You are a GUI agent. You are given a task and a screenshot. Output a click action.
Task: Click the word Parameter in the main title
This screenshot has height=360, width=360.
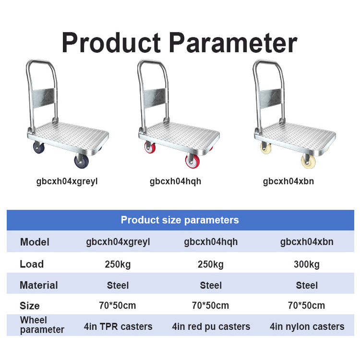point(234,43)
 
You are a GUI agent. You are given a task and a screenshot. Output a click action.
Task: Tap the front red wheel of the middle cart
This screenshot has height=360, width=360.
point(192,161)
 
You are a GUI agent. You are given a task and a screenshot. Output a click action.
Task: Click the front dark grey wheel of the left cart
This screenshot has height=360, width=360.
point(82,161)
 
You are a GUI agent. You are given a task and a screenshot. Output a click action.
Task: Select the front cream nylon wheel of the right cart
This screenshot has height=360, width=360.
point(308,161)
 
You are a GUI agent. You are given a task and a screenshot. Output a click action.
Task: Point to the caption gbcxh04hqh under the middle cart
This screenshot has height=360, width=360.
point(175,181)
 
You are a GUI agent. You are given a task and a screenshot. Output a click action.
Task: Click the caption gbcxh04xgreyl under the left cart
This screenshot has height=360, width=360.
point(67,181)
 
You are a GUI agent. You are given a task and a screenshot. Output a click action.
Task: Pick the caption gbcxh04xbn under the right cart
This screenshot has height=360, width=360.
point(288,181)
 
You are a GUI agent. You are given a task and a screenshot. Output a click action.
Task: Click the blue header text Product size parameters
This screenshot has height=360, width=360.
point(180,220)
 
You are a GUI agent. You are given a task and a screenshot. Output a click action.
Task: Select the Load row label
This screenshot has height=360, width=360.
point(32,264)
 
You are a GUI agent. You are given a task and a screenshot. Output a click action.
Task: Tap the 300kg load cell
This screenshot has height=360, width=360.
point(307,264)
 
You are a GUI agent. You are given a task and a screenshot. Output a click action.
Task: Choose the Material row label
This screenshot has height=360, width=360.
point(38,285)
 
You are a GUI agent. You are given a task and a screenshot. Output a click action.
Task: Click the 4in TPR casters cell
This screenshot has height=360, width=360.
point(118,326)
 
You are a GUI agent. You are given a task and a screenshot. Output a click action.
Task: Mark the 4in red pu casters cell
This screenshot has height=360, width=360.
point(211,326)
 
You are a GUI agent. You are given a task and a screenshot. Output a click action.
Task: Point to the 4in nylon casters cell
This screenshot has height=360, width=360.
point(307,326)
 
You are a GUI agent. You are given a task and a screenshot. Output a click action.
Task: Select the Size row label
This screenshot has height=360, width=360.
point(30,306)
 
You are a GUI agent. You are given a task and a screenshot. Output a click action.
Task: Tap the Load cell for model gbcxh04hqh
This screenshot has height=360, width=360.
point(211,264)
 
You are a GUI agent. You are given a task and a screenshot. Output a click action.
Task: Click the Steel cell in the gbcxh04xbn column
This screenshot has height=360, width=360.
point(307,286)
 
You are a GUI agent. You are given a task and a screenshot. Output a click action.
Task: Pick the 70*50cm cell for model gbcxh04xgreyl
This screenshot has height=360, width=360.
point(118,306)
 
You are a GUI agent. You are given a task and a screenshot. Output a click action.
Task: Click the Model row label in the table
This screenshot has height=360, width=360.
point(35,242)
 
